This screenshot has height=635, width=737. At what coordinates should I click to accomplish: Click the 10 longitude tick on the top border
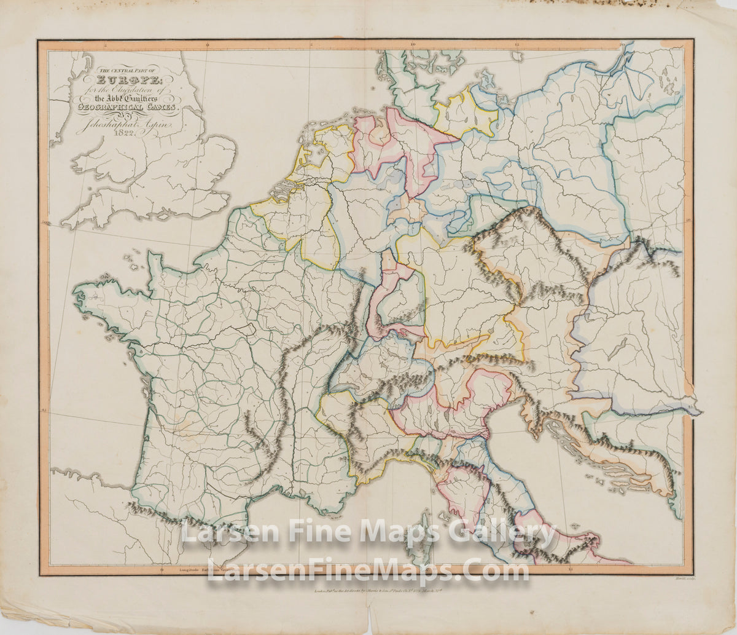pos(413,44)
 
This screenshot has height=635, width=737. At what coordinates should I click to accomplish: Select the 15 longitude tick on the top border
pos(518,44)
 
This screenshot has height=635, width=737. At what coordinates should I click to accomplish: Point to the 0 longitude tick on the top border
pos(207,44)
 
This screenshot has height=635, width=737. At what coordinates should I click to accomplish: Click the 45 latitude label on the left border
pos(44,411)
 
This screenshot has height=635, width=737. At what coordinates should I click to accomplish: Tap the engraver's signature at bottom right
pos(676,578)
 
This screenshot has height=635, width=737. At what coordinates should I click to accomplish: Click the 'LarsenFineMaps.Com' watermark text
pos(367,570)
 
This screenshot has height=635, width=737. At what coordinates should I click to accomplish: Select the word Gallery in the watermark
pos(505,532)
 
